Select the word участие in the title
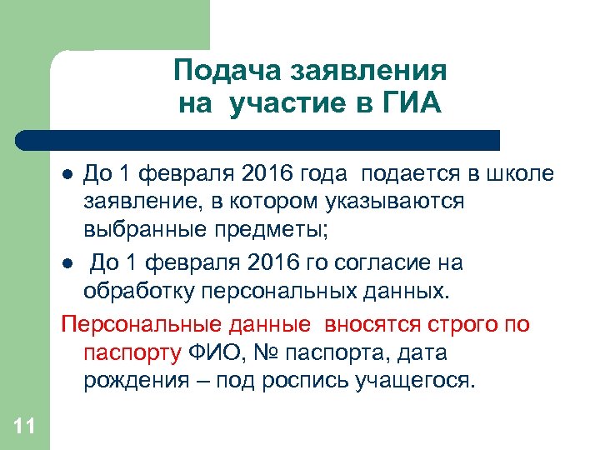click(x=295, y=105)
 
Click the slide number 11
click(x=24, y=427)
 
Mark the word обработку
click(x=136, y=292)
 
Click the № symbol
click(x=272, y=352)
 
